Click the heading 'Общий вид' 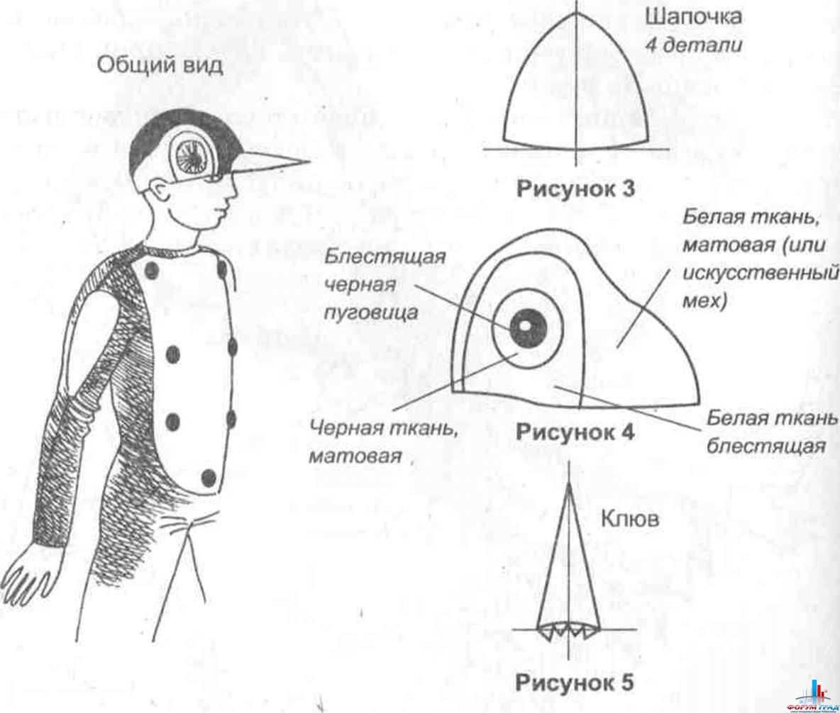[160, 66]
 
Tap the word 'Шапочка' [694, 17]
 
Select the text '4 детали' [694, 45]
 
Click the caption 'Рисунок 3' [575, 189]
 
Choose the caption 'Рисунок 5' [574, 683]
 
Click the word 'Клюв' [630, 519]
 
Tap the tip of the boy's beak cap [309, 160]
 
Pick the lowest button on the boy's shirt [209, 478]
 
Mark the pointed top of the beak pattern [569, 485]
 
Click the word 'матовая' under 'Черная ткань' [355, 456]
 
